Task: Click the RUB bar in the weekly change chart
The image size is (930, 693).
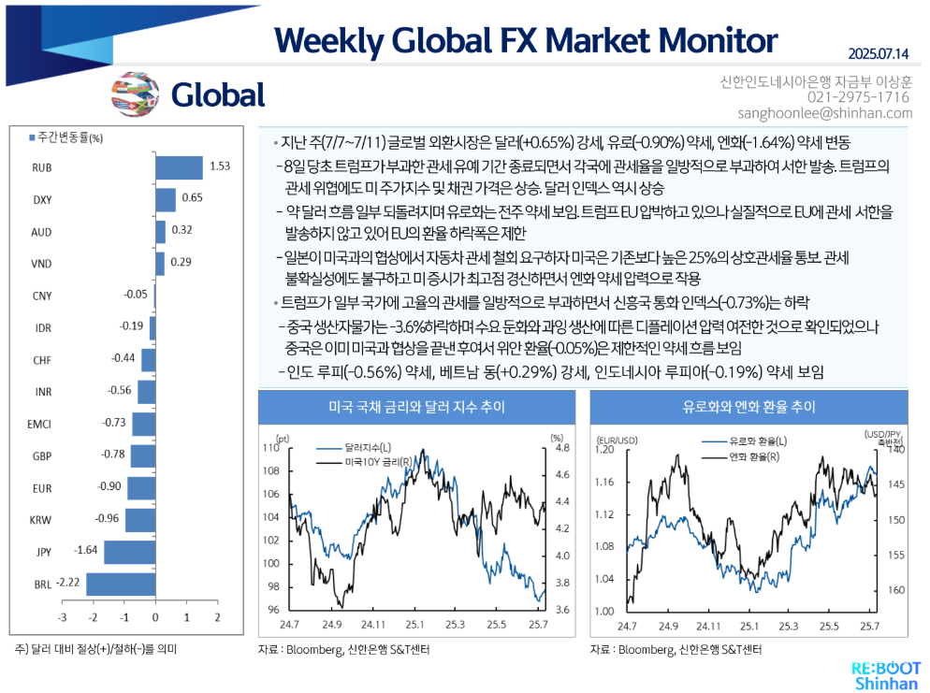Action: [179, 168]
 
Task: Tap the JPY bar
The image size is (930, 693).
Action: [129, 552]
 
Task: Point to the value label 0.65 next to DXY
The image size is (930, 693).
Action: [192, 198]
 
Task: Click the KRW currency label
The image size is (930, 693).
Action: [41, 519]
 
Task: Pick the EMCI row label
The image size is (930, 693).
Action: [39, 424]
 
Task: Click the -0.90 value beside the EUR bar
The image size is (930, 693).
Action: [109, 486]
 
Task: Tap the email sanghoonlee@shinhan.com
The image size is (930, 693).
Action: [824, 113]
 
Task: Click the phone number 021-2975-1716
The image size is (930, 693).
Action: [858, 97]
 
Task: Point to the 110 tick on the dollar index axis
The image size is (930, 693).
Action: [272, 449]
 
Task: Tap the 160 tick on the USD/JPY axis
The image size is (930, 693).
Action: [895, 590]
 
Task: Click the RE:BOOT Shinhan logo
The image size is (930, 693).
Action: [884, 675]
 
